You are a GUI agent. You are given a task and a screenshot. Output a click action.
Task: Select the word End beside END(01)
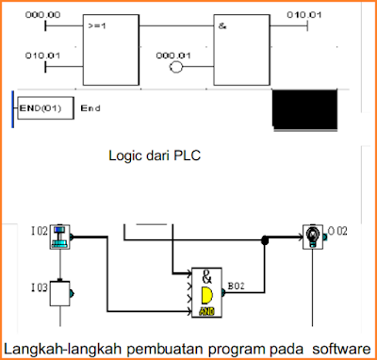point(90,107)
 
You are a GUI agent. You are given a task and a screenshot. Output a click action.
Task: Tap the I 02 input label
point(37,231)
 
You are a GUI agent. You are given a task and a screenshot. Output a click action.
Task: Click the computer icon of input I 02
point(63,237)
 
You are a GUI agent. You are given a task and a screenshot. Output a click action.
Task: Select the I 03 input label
point(37,286)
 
